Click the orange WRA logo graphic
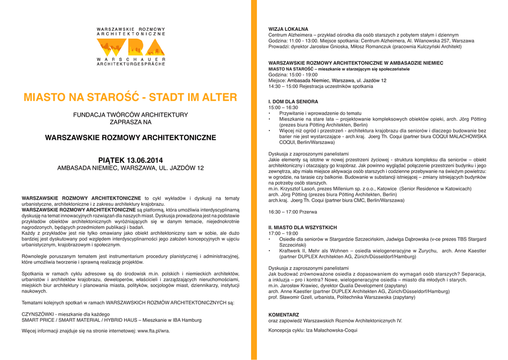[130, 48]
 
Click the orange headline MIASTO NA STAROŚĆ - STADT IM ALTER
[130, 97]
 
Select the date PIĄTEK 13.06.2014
[130, 160]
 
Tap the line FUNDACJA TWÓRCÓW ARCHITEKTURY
[130, 115]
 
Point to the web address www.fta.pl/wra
[154, 330]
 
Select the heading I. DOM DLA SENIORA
[293, 101]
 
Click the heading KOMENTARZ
[284, 315]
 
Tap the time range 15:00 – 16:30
[283, 107]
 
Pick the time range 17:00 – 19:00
[283, 233]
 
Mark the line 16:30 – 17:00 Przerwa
[293, 212]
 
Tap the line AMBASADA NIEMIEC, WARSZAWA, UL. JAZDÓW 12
[130, 168]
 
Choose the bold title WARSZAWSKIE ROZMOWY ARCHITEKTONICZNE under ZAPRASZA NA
[130, 137]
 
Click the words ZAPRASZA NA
[130, 122]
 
